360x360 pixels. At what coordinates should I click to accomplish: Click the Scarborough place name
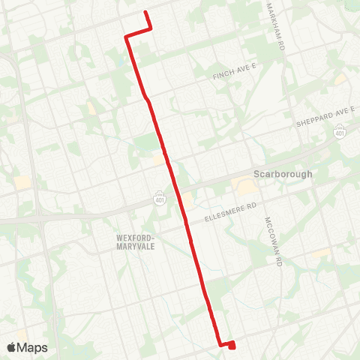tap(282, 173)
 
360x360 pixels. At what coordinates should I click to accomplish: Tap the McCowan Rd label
tap(272, 243)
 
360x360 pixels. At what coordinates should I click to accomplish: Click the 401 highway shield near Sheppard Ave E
tap(340, 132)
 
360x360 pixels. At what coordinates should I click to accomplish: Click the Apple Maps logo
tap(27, 347)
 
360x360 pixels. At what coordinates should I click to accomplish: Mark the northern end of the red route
tap(145, 13)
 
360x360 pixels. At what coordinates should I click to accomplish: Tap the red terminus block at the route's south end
tap(231, 345)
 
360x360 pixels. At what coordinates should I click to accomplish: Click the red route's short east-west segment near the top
tap(139, 32)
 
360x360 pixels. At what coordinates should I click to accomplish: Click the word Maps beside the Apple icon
tap(32, 347)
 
